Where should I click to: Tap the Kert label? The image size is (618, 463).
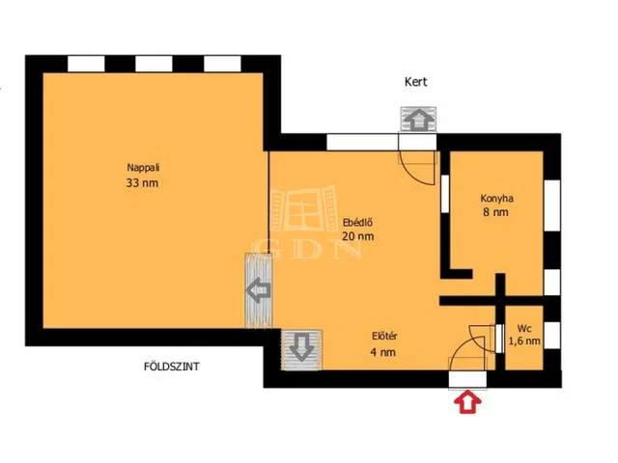416,82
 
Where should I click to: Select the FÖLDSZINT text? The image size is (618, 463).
172,367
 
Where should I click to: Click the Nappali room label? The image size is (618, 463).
143,167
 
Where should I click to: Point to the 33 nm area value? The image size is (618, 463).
142,183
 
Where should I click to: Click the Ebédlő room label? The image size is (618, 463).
358,223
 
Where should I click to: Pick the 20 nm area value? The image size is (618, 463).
358,236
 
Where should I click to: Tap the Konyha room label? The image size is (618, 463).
496,199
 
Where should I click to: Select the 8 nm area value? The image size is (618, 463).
495,212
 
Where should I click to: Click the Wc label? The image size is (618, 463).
524,328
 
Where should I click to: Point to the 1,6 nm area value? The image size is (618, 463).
524,340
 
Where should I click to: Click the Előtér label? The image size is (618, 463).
384,337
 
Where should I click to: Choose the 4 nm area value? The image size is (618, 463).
383,352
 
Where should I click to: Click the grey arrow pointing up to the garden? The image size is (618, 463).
418,120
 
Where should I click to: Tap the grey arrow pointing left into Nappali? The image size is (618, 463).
258,290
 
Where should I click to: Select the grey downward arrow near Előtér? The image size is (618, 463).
301,346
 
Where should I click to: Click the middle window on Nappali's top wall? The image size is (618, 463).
154,64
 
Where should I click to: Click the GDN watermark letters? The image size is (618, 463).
307,249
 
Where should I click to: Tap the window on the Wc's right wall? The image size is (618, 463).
551,335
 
